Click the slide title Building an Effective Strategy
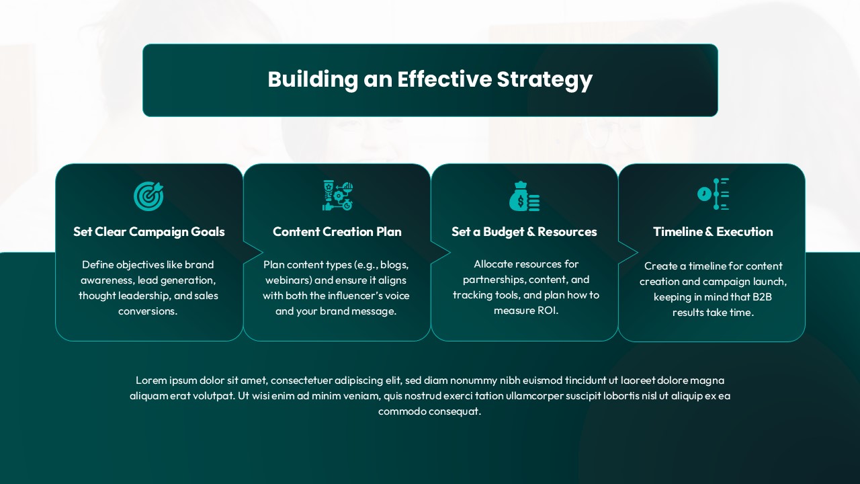tap(430, 79)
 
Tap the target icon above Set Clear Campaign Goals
tap(148, 196)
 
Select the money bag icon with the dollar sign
tap(523, 196)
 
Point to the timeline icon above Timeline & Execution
tap(713, 194)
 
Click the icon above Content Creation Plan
tap(337, 196)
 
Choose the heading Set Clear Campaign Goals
tap(149, 232)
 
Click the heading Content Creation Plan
tap(337, 232)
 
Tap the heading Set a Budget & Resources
tap(524, 232)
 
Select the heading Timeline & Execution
tap(713, 232)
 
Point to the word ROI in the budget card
tap(548, 311)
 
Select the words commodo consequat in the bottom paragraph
tap(430, 411)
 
